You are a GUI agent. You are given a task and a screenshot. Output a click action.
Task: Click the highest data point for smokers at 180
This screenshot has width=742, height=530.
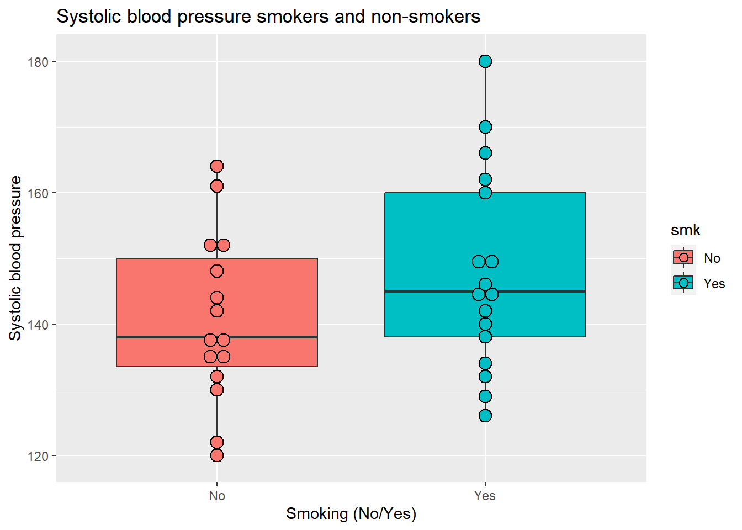click(x=485, y=61)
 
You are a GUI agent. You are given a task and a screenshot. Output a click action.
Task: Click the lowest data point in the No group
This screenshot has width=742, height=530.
click(x=217, y=455)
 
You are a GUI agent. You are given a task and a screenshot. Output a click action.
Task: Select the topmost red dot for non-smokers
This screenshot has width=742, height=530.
click(x=217, y=166)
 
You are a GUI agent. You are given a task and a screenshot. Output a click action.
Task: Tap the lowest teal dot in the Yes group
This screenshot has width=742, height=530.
click(x=485, y=416)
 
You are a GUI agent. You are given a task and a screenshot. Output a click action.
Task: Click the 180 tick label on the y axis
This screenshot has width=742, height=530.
click(x=38, y=62)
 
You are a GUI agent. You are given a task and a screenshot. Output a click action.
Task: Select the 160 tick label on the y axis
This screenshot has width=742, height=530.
click(x=38, y=193)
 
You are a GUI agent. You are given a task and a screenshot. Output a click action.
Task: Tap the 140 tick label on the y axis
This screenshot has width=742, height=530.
click(x=38, y=325)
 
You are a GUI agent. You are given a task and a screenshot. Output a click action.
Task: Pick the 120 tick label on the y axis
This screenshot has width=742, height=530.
click(x=38, y=456)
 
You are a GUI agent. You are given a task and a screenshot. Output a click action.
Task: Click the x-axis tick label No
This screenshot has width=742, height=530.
click(x=217, y=496)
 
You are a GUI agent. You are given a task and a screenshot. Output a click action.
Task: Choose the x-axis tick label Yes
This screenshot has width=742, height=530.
click(x=485, y=496)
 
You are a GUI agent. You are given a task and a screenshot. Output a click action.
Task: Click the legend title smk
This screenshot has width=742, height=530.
click(x=685, y=230)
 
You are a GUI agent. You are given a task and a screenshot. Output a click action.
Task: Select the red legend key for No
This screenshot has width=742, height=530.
click(x=683, y=257)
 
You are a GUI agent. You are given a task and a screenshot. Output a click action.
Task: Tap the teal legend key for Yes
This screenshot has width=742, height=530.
click(x=683, y=283)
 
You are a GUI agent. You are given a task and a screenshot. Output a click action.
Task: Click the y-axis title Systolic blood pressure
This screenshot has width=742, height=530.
click(x=15, y=258)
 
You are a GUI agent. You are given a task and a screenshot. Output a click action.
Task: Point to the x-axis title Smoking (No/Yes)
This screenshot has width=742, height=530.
click(x=351, y=514)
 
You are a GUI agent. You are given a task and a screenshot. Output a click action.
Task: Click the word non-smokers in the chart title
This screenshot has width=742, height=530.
click(x=426, y=17)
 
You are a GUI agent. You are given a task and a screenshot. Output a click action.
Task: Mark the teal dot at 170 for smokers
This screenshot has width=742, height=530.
click(x=485, y=127)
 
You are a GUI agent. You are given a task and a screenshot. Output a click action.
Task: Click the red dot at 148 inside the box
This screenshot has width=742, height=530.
click(x=217, y=271)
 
